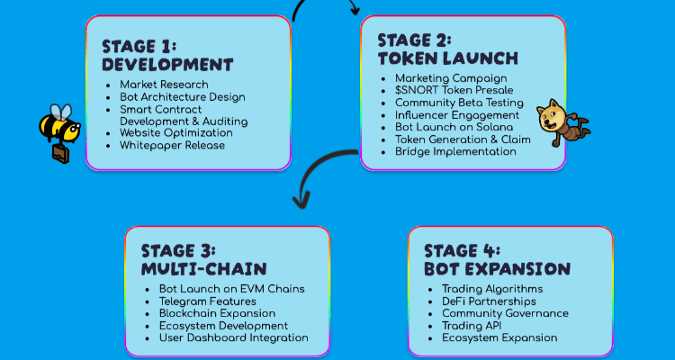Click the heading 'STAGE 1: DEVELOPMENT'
166,55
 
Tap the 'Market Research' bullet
163,85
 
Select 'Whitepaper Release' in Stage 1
172,145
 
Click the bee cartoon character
59,127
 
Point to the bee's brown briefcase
59,155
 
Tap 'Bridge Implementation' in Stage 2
455,152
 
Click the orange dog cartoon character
558,121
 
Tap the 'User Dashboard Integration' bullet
234,337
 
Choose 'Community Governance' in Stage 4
505,313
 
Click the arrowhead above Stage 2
354,10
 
